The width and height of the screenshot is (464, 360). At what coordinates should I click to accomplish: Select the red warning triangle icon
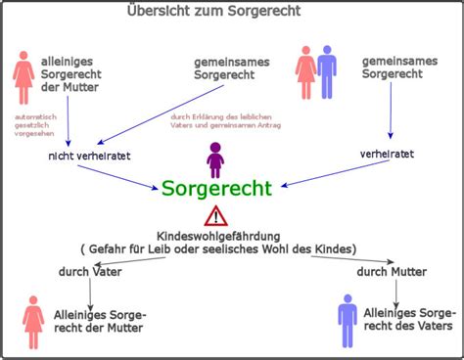[216, 215]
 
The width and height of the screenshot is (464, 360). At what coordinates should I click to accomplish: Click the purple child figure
[216, 158]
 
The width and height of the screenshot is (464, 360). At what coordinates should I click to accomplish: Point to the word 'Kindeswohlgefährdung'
[211, 235]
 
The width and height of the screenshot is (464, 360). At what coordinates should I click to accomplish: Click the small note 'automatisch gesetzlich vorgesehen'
[32, 125]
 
